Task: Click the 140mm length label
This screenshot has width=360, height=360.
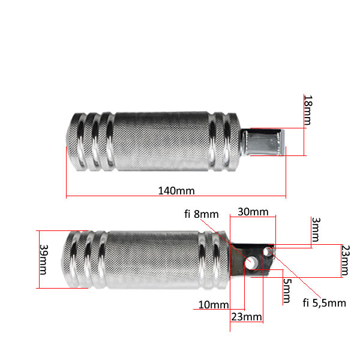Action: (x=176, y=191)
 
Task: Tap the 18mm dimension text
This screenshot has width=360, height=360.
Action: (x=308, y=110)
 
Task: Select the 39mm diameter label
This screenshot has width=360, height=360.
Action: (x=44, y=259)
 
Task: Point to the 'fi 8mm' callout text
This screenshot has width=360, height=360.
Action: (x=202, y=214)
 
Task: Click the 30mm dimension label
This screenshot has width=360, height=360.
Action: (x=253, y=212)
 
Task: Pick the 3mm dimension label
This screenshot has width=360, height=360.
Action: (x=316, y=230)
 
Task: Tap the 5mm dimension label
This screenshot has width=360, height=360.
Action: (x=287, y=290)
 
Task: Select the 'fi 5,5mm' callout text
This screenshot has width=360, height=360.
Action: (x=324, y=303)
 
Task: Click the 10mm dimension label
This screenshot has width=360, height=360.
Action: (x=214, y=305)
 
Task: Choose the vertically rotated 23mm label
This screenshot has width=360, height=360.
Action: (x=346, y=260)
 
